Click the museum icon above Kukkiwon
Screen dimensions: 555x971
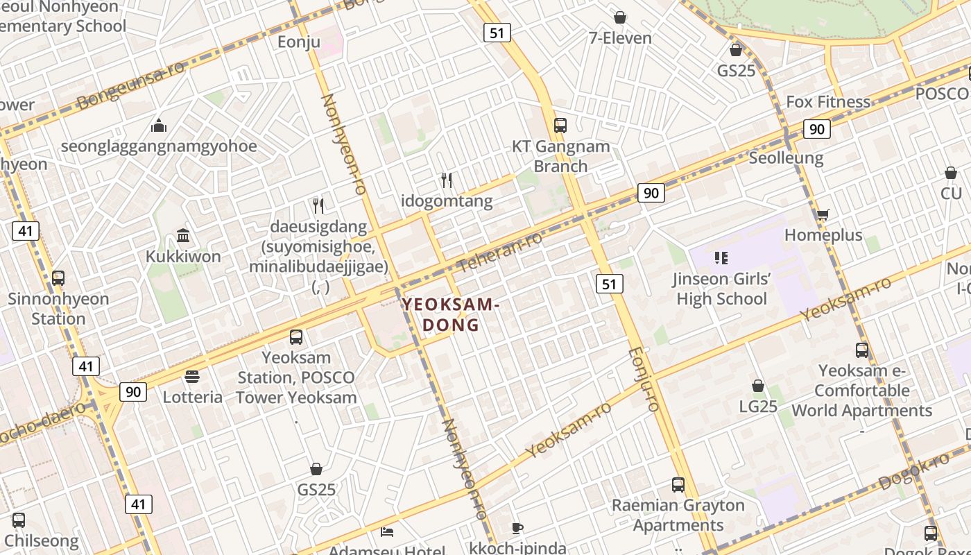click(183, 236)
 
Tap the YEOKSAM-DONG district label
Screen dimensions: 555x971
click(451, 314)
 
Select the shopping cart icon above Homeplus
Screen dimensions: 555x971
click(823, 215)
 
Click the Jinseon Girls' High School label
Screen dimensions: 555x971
click(721, 289)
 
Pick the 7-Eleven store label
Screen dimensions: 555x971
click(620, 38)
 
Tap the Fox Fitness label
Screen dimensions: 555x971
click(827, 102)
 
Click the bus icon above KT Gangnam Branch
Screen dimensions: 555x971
click(560, 126)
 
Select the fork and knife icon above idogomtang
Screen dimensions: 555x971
click(447, 180)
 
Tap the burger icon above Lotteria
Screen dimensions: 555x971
click(192, 377)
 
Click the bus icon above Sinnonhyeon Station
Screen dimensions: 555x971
click(58, 278)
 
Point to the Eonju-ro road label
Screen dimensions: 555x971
click(643, 379)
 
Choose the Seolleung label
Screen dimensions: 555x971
click(786, 158)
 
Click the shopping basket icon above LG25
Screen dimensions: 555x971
click(758, 386)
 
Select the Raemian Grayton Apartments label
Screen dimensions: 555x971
click(678, 515)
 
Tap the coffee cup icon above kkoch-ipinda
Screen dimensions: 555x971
click(517, 528)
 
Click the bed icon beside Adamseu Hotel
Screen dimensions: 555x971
click(387, 532)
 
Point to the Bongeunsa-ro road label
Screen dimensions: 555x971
click(131, 86)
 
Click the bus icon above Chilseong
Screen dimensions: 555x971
click(19, 520)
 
